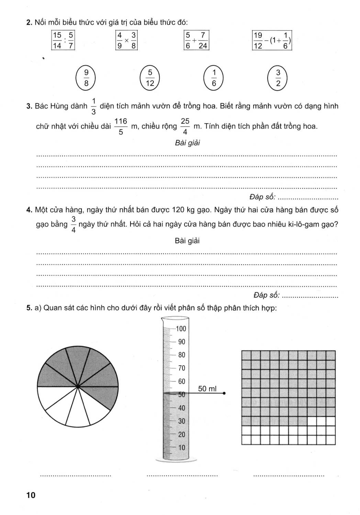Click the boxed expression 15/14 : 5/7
coord(63,40)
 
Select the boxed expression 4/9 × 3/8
coord(126,40)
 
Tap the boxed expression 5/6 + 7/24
coord(196,40)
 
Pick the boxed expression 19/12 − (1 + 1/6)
coord(272,40)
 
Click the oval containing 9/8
coord(86,78)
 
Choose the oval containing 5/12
coord(150,78)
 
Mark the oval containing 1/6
coord(214,78)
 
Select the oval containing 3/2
coord(278,78)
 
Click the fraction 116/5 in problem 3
coord(121,126)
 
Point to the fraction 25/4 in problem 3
coord(185,126)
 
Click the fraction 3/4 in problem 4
coord(73,224)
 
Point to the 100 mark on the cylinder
coord(181,329)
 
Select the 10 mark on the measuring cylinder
coord(181,447)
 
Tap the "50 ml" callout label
coord(207,389)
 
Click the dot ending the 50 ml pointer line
coord(224,393)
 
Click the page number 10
coord(31,495)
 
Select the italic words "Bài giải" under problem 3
coord(187,143)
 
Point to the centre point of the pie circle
coord(78,387)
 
